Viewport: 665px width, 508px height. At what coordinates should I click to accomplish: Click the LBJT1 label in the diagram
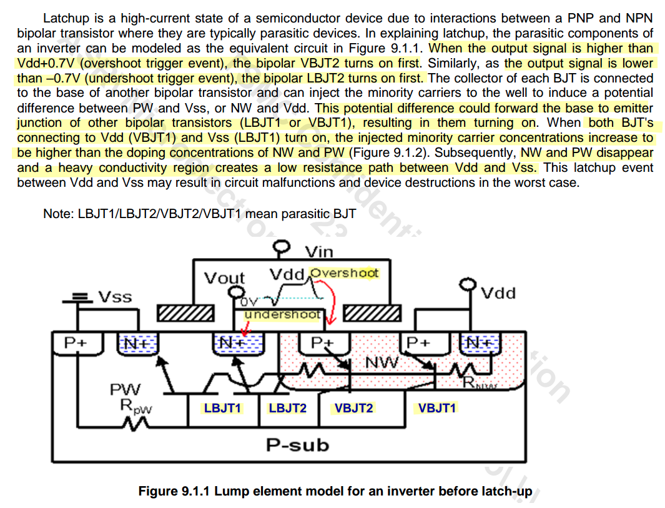(222, 409)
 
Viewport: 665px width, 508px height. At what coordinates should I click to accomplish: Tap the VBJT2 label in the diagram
(353, 409)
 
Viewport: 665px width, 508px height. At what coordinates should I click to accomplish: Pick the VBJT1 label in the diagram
(437, 409)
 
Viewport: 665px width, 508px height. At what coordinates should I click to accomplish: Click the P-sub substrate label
(297, 445)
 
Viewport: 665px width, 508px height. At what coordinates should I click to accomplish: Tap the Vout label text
(225, 278)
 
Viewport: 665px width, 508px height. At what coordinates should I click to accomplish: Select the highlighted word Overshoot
(345, 273)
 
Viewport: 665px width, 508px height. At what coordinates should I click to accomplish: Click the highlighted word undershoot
(282, 315)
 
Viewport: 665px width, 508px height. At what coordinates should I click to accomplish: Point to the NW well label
(378, 362)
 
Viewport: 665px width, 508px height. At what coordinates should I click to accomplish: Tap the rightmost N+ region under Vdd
(480, 343)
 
